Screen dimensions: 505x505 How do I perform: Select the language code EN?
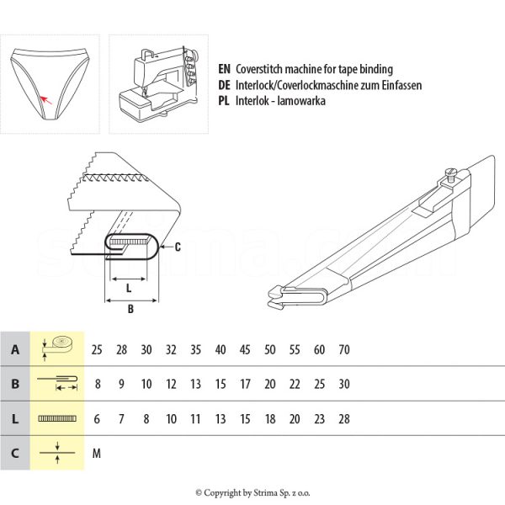click(223, 69)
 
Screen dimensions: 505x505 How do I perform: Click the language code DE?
click(223, 85)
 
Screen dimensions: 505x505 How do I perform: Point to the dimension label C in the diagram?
click(177, 247)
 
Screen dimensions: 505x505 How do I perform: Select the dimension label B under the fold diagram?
click(130, 309)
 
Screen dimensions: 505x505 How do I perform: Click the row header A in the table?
click(14, 349)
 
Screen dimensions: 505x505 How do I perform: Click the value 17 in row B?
click(245, 384)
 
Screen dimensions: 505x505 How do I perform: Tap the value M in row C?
click(97, 453)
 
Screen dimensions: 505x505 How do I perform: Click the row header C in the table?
click(14, 453)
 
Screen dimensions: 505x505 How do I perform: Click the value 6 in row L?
click(97, 418)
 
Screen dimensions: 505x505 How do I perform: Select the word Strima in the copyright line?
click(268, 493)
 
